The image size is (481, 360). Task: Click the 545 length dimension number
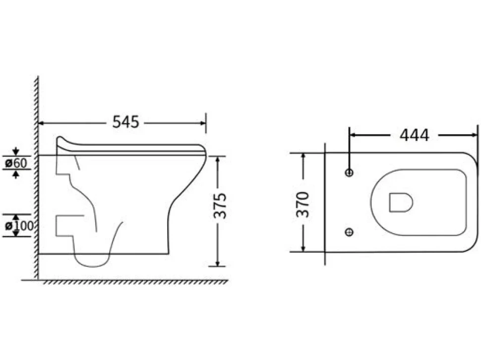coord(125,122)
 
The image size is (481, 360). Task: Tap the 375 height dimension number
coord(220,206)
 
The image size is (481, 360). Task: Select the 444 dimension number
coord(414,135)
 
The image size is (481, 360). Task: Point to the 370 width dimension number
coord(303,204)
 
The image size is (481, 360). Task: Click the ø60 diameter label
coord(16,163)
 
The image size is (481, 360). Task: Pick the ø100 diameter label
coord(19,226)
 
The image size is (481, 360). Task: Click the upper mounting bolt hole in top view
coord(349,173)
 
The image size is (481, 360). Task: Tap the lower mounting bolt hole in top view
coord(349,232)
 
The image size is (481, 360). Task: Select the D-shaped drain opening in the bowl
coord(401,202)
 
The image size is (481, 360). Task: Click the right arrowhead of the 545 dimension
coord(203,123)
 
